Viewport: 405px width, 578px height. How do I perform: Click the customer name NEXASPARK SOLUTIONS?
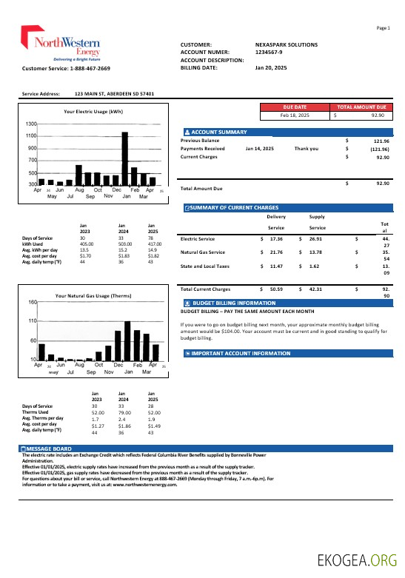pos(286,44)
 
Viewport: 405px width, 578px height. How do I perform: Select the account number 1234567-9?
pos(270,52)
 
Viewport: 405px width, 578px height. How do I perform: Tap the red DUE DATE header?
pos(295,107)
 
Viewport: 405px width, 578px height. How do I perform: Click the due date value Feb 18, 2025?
pos(295,115)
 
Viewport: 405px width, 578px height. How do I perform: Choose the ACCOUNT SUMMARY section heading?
pos(219,132)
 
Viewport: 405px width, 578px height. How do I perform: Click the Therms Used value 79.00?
pos(124,412)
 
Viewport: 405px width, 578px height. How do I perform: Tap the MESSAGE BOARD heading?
pos(49,448)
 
